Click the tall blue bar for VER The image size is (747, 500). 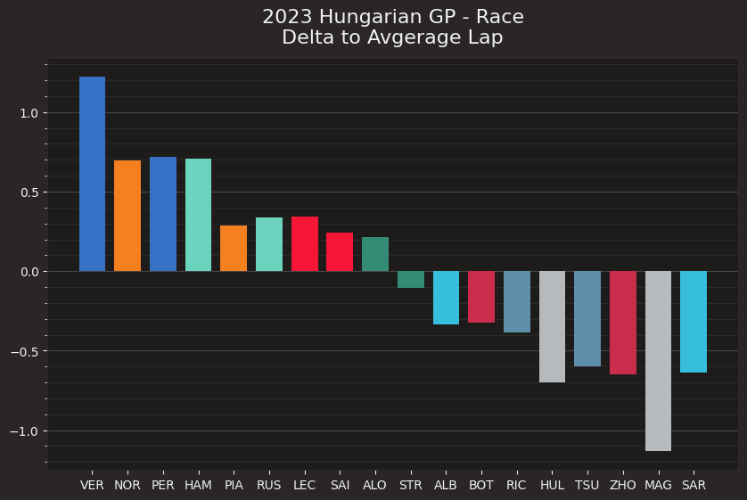[92, 174]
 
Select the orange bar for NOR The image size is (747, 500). [127, 216]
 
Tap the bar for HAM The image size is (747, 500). [198, 215]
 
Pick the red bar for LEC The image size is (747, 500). [304, 243]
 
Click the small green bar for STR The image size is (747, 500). [411, 279]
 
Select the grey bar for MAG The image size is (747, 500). [658, 361]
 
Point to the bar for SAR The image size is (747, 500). [694, 322]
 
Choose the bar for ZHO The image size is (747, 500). [622, 323]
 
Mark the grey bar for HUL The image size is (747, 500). [552, 326]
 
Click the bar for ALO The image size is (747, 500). [375, 254]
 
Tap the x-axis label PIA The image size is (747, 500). [234, 485]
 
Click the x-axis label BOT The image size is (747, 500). [481, 485]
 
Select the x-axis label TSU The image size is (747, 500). [587, 485]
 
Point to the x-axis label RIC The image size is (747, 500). [516, 485]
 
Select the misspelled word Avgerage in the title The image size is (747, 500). [406, 37]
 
